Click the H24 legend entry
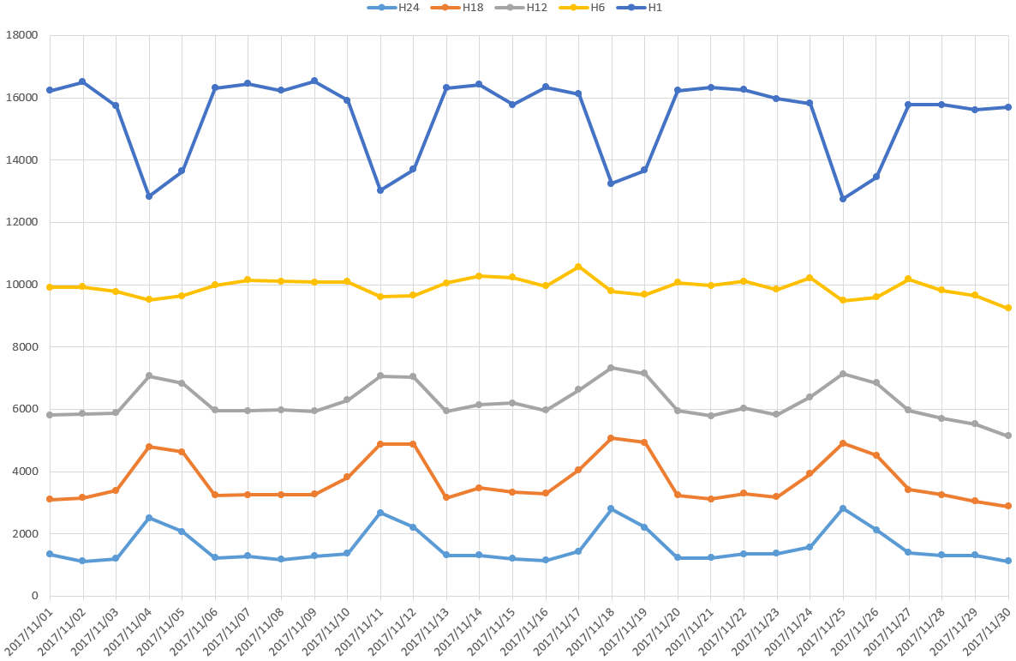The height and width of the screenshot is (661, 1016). click(x=393, y=8)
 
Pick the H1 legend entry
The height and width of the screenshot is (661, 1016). click(x=642, y=8)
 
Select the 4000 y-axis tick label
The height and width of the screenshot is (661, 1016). click(x=25, y=472)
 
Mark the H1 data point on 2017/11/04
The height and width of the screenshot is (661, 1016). click(x=149, y=196)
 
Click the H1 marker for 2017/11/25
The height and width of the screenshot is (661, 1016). click(x=843, y=199)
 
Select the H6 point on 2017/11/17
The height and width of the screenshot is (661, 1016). click(x=578, y=267)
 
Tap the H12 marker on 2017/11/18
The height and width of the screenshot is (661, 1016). click(x=612, y=368)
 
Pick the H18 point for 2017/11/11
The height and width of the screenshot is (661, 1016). click(x=380, y=444)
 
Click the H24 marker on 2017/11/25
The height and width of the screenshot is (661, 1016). click(x=843, y=508)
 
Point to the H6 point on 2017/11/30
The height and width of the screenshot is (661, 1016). click(x=1008, y=308)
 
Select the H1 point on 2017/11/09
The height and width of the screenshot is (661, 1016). click(x=314, y=81)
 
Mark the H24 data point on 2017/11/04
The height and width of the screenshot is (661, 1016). click(x=149, y=518)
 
